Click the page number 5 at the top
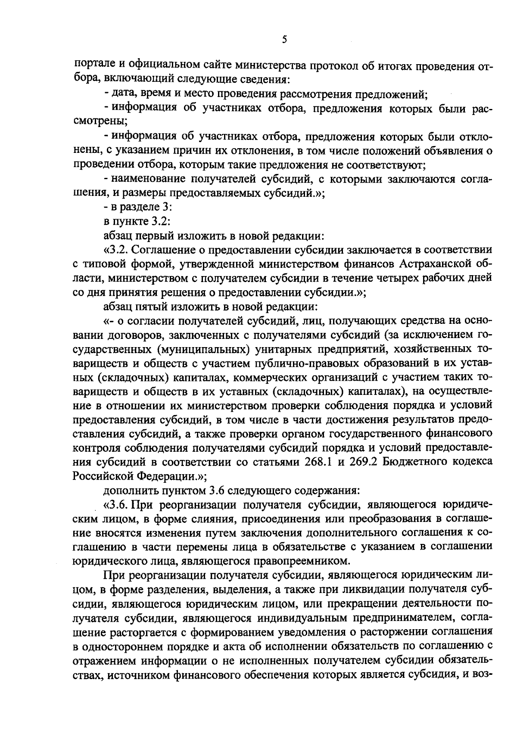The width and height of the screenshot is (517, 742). point(284,40)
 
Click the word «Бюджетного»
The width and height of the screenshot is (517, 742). point(410,462)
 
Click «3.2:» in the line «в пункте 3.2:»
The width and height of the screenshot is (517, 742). point(162,221)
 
